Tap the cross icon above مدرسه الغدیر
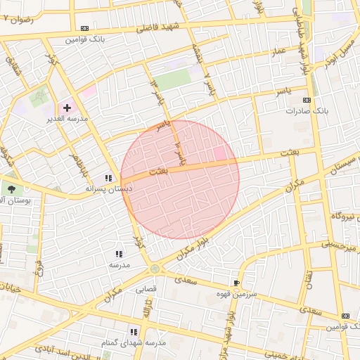click(67, 108)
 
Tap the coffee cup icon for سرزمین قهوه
click(236, 283)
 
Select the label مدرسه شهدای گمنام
click(134, 342)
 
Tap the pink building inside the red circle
click(220, 153)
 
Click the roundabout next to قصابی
click(154, 269)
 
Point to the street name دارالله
click(148, 308)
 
